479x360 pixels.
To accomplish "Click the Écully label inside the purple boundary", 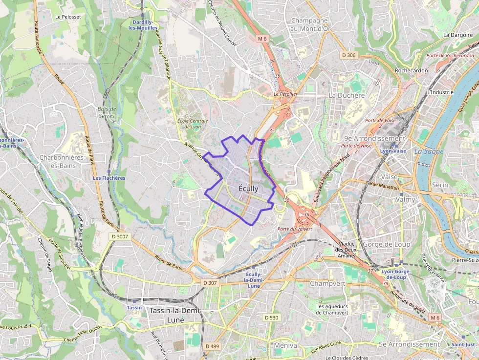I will point(249,189).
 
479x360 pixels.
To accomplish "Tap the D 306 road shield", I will point(349,55).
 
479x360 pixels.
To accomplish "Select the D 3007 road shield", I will point(119,236).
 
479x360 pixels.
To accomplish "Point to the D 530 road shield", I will point(271,318).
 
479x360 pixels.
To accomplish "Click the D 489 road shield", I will point(213,346).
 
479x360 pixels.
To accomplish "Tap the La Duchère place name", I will point(347,95).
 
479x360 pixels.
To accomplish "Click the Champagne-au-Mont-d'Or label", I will point(315,24).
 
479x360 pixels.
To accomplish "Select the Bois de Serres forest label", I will point(107,112).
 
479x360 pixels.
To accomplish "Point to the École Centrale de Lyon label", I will point(193,124).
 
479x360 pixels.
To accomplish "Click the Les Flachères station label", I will point(109,178).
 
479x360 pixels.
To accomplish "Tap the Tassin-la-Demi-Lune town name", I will point(175,315).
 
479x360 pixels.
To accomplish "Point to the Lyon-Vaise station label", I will point(393,151).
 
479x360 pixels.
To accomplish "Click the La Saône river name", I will point(429,151).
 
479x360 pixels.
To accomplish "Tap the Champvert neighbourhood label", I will point(327,283).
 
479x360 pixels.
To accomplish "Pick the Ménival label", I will point(286,345).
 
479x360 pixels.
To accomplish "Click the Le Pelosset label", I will point(67,17).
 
